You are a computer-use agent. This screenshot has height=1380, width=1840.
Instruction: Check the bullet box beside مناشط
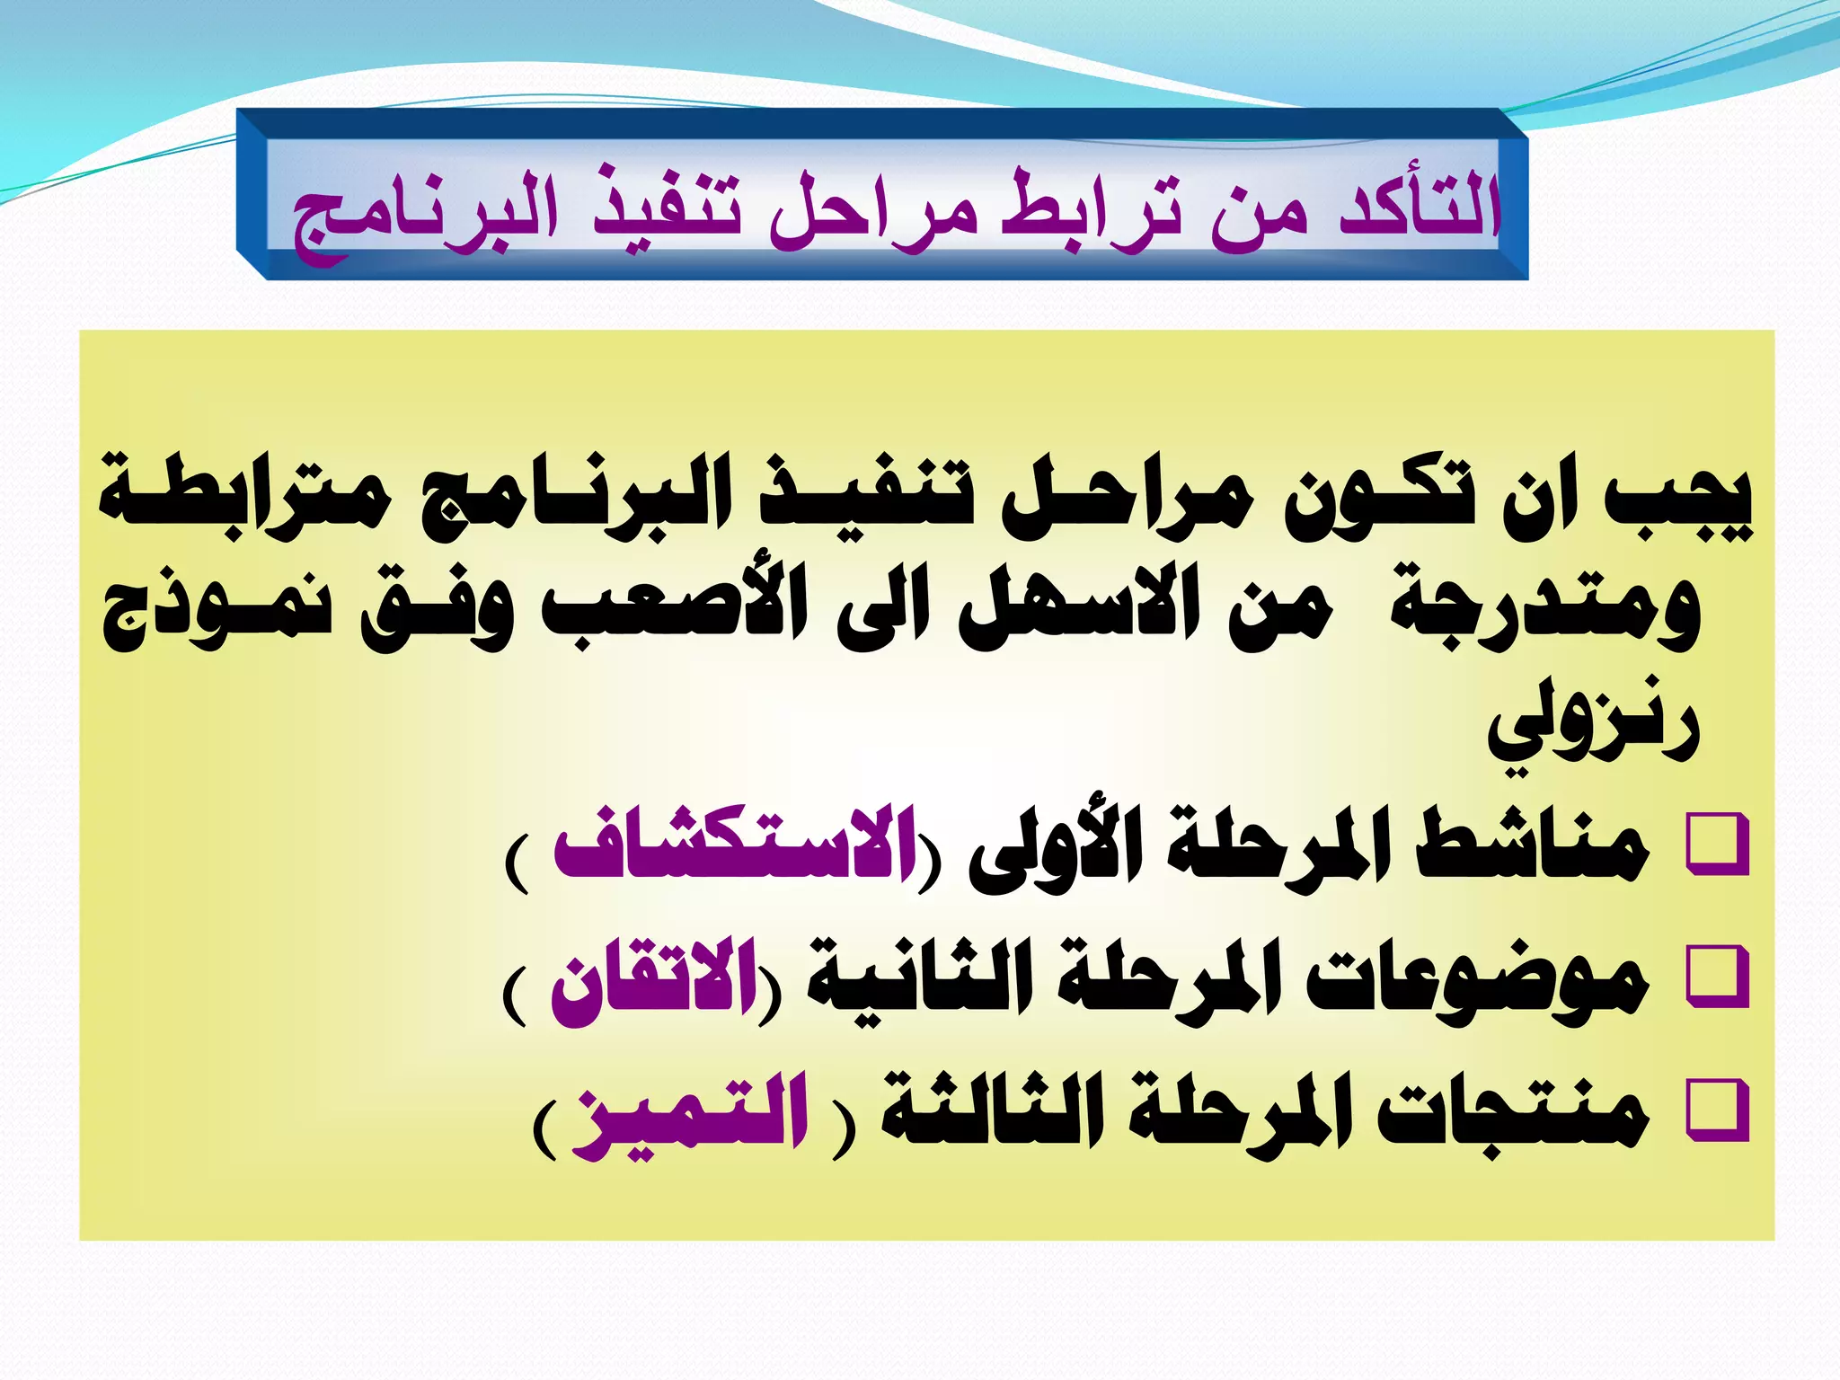click(x=1717, y=844)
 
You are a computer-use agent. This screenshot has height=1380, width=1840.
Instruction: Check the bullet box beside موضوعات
click(x=1717, y=977)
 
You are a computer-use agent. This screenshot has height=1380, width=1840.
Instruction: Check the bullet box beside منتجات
click(x=1717, y=1110)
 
